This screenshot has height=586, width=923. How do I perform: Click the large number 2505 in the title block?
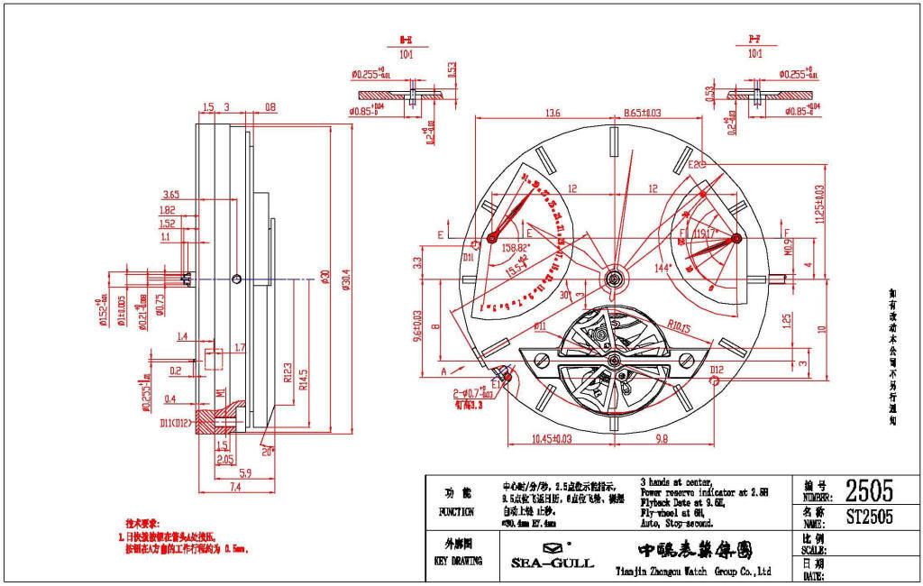coord(869,490)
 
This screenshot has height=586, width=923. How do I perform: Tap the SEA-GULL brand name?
coord(553,563)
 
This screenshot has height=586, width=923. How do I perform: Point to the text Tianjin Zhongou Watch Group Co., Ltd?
coord(693,571)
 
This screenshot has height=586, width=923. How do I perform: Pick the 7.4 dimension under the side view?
coord(209,487)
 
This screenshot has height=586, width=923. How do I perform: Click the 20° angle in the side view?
coord(267,451)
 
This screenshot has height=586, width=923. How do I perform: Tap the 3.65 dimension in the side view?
coord(171,195)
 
